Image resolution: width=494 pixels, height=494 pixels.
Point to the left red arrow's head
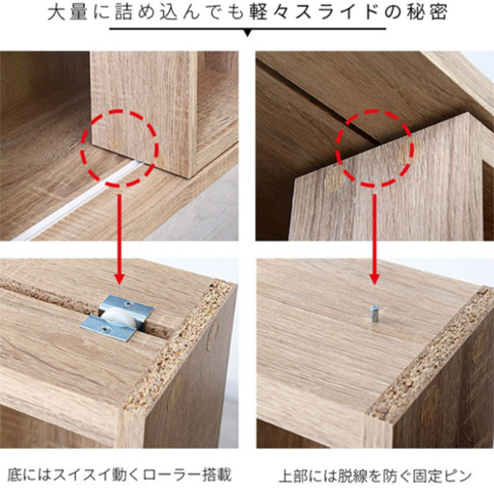pos(120,278)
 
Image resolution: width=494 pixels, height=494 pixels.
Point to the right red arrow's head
pos(374,278)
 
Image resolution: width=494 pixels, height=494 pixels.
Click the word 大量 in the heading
pos(68,14)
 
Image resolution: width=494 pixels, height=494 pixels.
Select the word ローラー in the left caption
pos(172,476)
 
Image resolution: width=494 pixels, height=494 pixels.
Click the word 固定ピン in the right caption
pos(442,477)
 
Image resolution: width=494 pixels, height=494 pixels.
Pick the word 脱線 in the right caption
pos(351,477)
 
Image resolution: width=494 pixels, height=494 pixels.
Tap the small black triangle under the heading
pos(247,33)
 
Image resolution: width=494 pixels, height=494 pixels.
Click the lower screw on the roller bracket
pos(103,329)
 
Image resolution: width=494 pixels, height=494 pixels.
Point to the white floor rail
pos(80,201)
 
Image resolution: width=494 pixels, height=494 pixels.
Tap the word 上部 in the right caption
pos(293,477)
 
